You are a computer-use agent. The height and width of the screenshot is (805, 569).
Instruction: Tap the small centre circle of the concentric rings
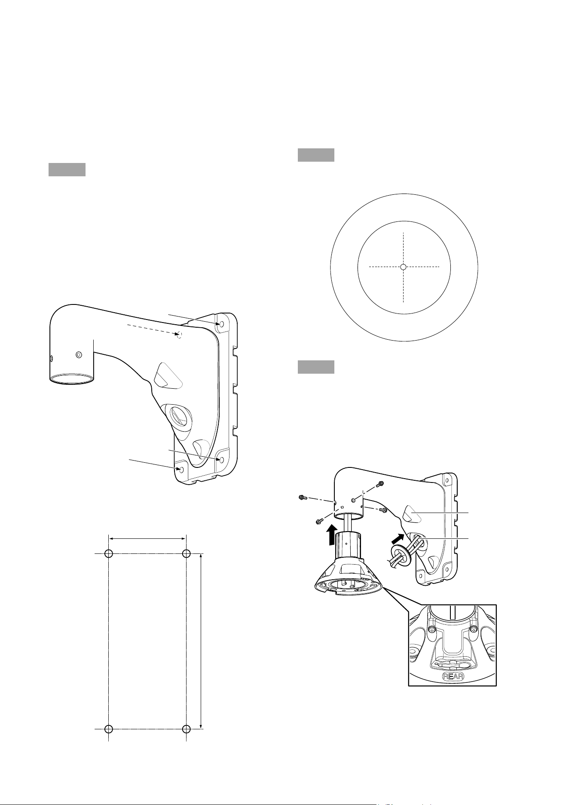pyautogui.click(x=403, y=267)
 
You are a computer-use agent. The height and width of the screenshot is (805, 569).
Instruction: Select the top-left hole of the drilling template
pyautogui.click(x=108, y=554)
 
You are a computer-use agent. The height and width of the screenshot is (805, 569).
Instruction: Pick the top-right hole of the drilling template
pyautogui.click(x=186, y=554)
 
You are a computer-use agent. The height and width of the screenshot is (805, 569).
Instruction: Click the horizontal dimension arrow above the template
pyautogui.click(x=147, y=538)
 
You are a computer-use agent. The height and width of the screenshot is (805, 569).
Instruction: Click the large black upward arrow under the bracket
pyautogui.click(x=331, y=534)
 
